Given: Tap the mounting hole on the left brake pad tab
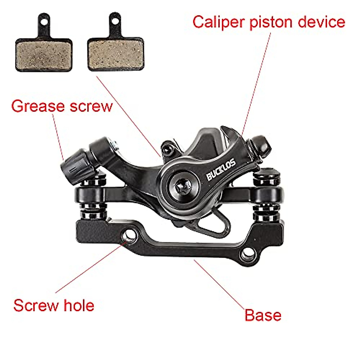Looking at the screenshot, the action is pos(44,22).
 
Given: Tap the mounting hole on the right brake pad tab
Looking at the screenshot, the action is pos(115,22).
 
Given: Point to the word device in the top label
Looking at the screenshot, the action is pos(321,22).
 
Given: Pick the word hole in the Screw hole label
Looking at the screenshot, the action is pos(79,305).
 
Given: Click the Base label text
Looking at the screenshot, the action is pos(263,315).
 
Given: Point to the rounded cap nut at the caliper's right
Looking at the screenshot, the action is pos(261,145).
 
